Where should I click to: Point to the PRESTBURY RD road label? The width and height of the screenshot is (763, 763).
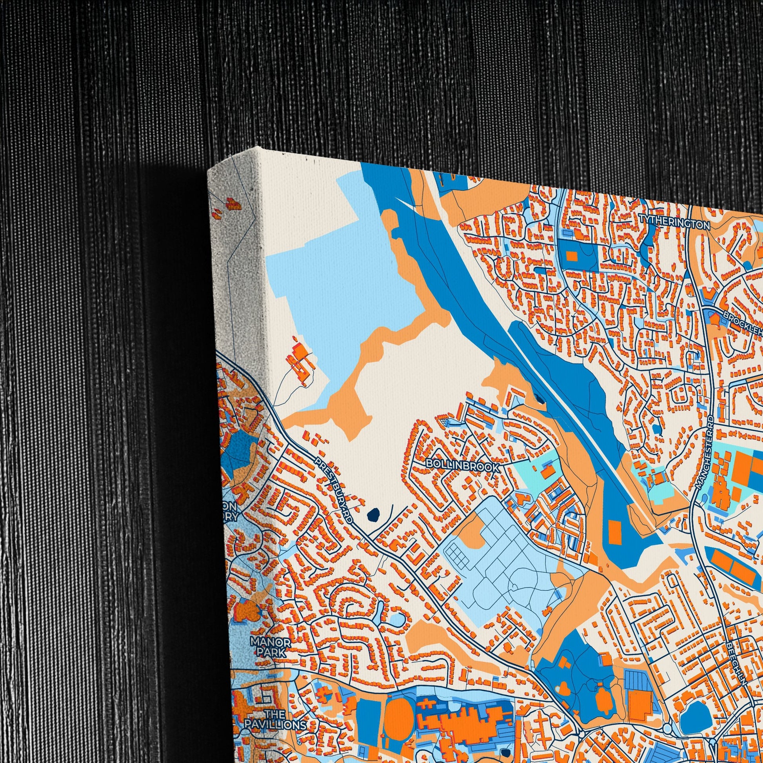click(333, 490)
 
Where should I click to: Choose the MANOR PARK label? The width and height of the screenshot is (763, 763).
click(271, 648)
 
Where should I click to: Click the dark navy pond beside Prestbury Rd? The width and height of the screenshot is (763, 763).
click(373, 514)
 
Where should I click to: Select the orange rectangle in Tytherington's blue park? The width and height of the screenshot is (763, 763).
click(571, 256)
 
